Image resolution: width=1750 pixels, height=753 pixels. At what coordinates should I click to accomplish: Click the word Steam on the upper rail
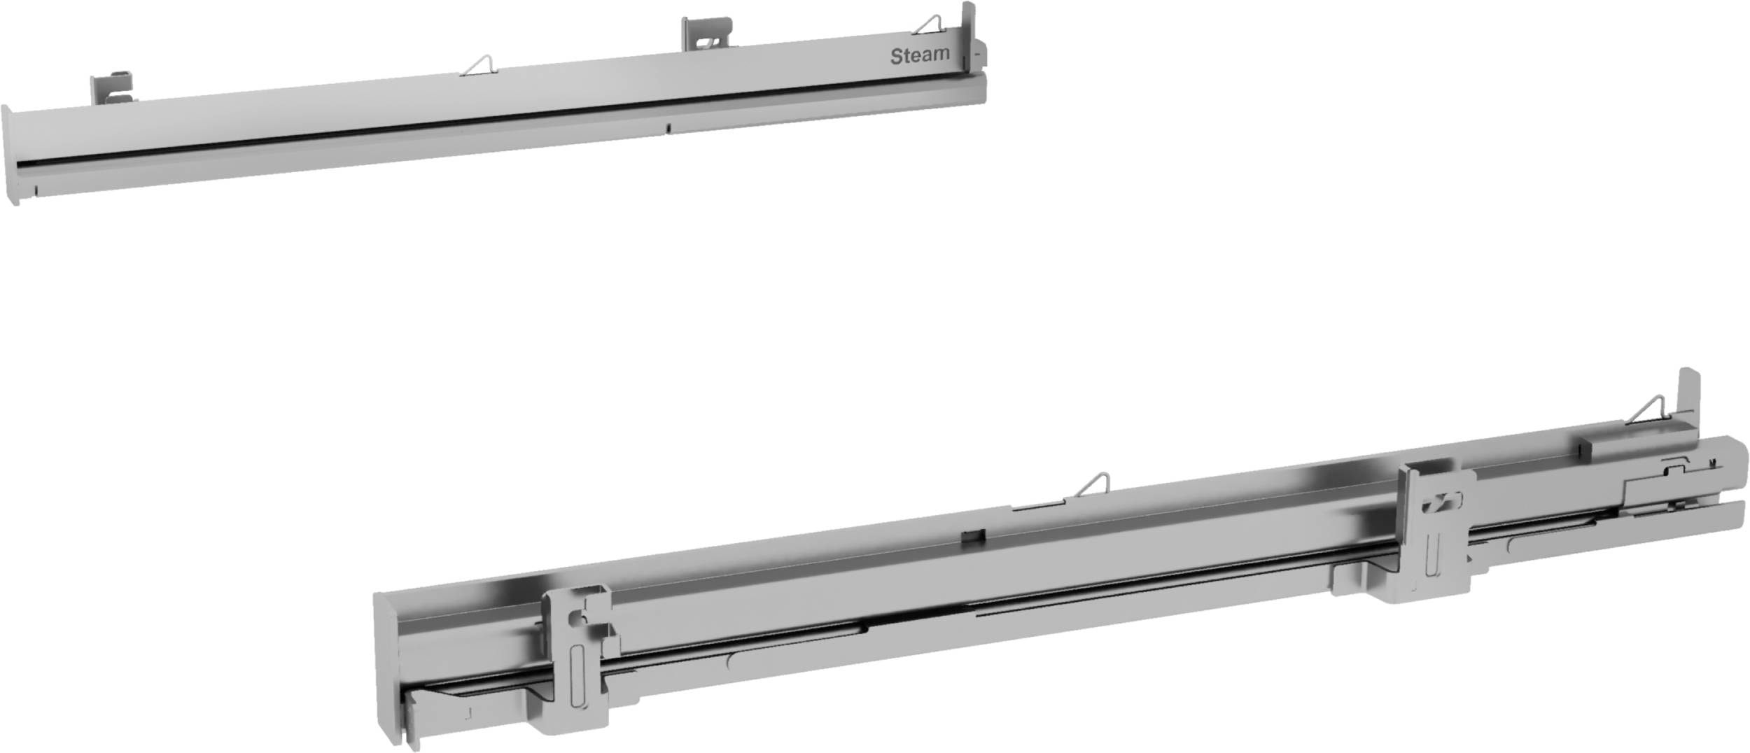click(919, 55)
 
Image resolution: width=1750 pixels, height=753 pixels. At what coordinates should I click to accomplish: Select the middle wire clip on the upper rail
click(479, 65)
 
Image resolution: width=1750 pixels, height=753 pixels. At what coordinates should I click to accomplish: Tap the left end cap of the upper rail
click(10, 155)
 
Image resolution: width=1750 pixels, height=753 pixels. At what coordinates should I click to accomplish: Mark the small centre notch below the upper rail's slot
click(668, 128)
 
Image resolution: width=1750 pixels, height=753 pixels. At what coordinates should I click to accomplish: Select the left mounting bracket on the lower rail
click(578, 658)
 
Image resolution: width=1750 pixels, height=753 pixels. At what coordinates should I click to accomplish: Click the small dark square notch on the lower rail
click(974, 536)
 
